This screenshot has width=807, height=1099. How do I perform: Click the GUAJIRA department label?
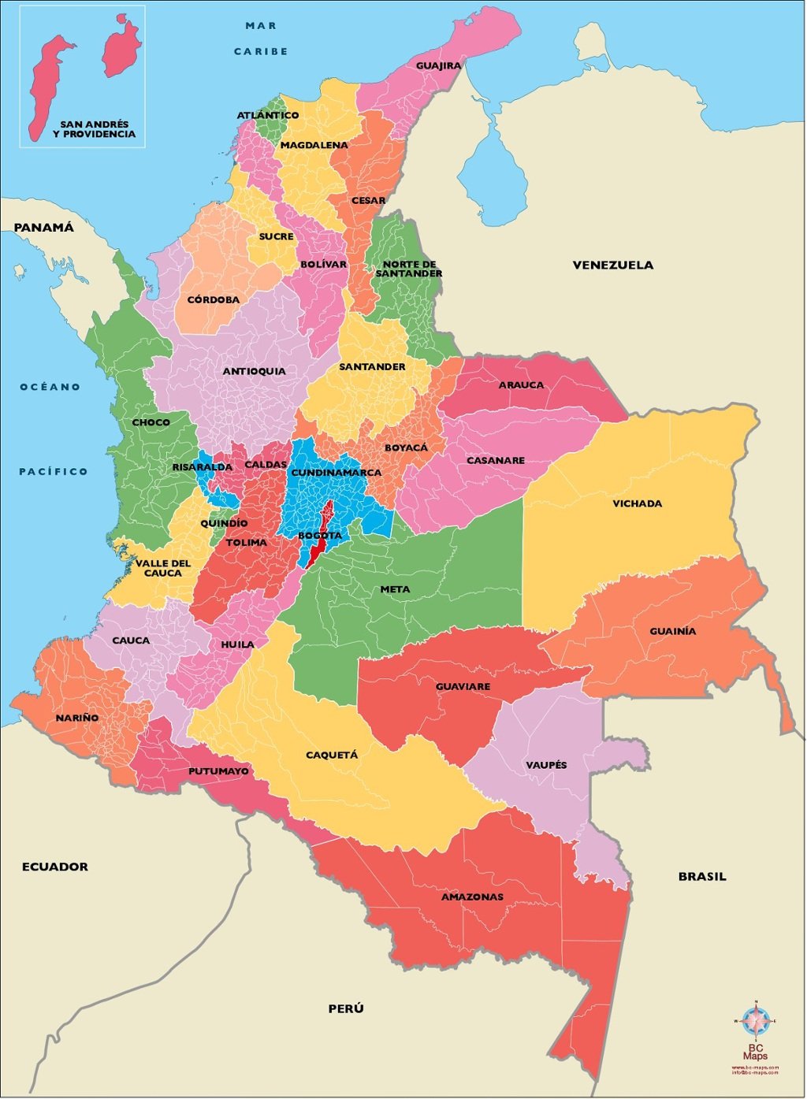tap(438, 65)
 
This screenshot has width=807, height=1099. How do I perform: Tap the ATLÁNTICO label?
tap(268, 115)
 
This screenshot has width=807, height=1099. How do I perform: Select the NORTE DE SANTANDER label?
tap(408, 269)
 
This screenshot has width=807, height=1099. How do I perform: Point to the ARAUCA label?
tap(521, 385)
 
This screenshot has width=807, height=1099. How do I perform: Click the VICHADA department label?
tap(637, 503)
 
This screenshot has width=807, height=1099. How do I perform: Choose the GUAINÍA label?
tap(672, 631)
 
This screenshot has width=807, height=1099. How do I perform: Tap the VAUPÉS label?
tap(546, 765)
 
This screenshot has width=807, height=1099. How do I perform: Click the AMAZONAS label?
tap(472, 897)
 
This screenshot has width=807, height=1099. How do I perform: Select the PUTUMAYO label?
tap(218, 770)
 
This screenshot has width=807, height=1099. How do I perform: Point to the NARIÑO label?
tap(77, 718)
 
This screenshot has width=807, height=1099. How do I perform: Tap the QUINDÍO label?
tap(224, 523)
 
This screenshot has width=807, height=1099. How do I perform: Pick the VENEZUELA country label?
tap(612, 265)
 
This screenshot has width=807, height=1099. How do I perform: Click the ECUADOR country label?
tap(54, 867)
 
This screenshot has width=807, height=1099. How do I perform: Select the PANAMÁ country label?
tap(43, 227)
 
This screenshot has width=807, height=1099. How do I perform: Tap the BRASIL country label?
tap(702, 876)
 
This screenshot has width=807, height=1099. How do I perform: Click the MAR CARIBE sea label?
tap(261, 39)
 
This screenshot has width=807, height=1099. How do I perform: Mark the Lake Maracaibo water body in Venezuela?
tap(493, 169)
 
